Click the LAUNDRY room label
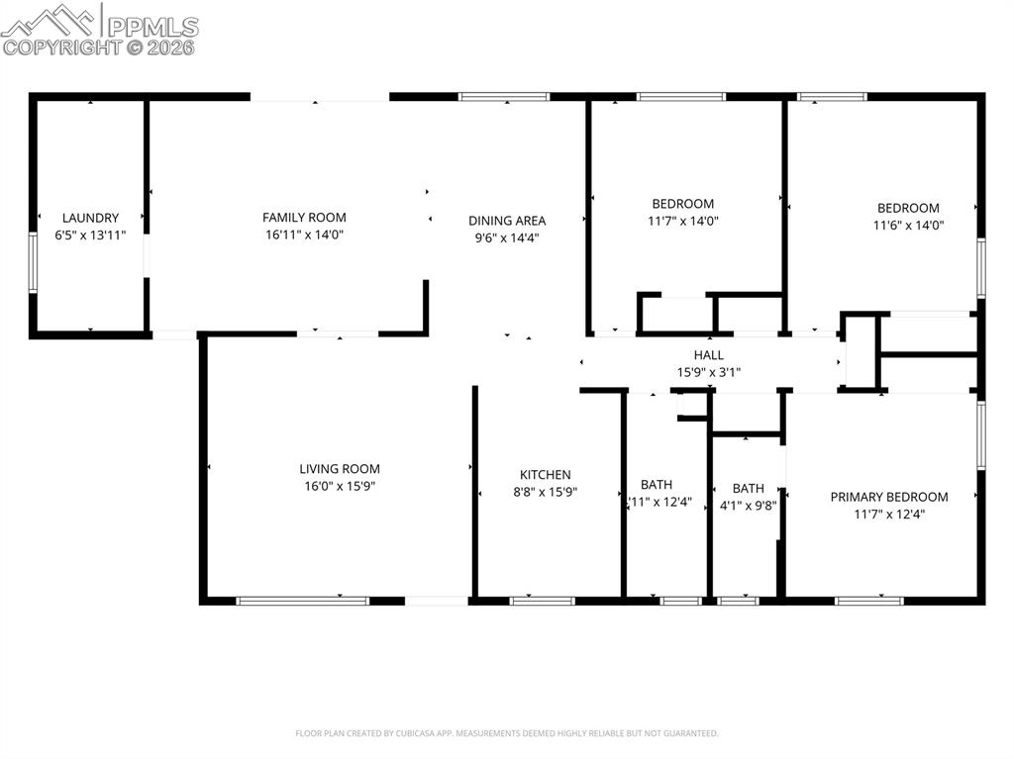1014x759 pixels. click(90, 218)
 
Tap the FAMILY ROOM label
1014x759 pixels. click(304, 218)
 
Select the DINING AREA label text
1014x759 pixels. click(507, 221)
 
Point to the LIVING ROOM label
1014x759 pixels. click(340, 469)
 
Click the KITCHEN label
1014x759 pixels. click(546, 475)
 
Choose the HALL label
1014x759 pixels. click(708, 355)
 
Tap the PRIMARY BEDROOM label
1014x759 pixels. click(888, 497)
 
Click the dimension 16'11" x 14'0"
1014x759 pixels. click(304, 235)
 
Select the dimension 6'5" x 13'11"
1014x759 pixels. click(90, 235)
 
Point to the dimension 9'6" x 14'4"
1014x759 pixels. click(507, 237)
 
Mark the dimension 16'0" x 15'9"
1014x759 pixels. click(340, 486)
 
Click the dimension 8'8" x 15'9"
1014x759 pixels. click(546, 492)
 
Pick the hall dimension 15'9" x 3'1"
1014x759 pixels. click(708, 372)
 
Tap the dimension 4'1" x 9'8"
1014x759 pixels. click(748, 505)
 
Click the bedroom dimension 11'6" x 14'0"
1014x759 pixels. click(908, 225)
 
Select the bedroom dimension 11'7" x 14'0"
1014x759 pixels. click(682, 222)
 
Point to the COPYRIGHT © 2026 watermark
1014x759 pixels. click(99, 47)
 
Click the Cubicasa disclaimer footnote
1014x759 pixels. click(506, 733)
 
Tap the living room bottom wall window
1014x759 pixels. click(302, 600)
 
